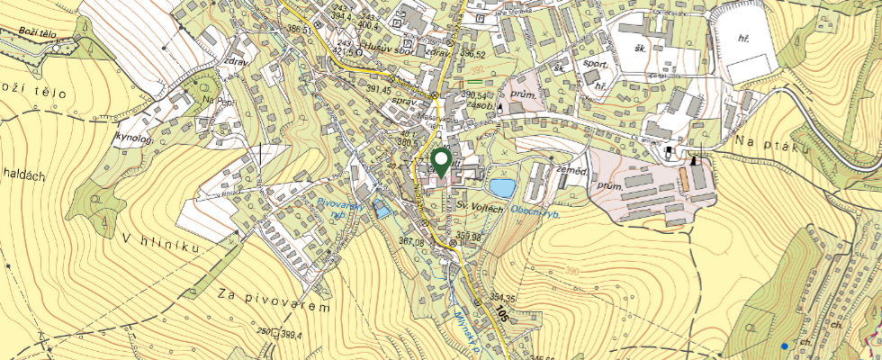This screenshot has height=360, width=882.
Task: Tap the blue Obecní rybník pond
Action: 502,188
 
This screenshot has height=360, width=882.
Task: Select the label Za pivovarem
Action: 274,301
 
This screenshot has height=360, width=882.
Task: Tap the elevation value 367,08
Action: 410,241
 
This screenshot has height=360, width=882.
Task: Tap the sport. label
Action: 594,65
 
